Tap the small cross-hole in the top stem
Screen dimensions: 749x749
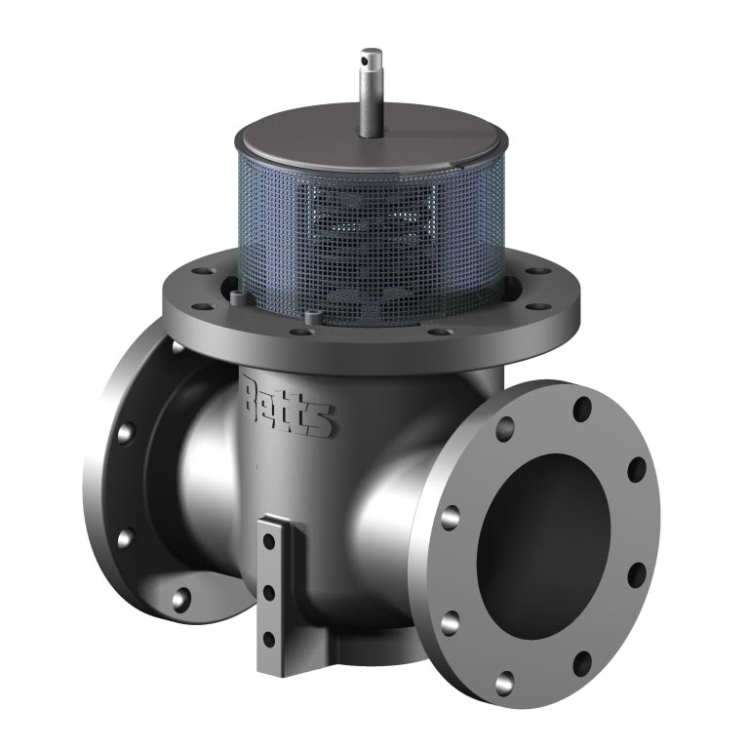click(x=365, y=60)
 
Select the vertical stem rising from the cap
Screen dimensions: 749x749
click(x=371, y=93)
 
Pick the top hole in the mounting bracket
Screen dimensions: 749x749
click(x=269, y=541)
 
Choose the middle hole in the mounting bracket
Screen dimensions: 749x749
click(x=269, y=593)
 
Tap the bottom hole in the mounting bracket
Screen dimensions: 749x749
click(x=269, y=639)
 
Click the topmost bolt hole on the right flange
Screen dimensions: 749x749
click(x=582, y=410)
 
